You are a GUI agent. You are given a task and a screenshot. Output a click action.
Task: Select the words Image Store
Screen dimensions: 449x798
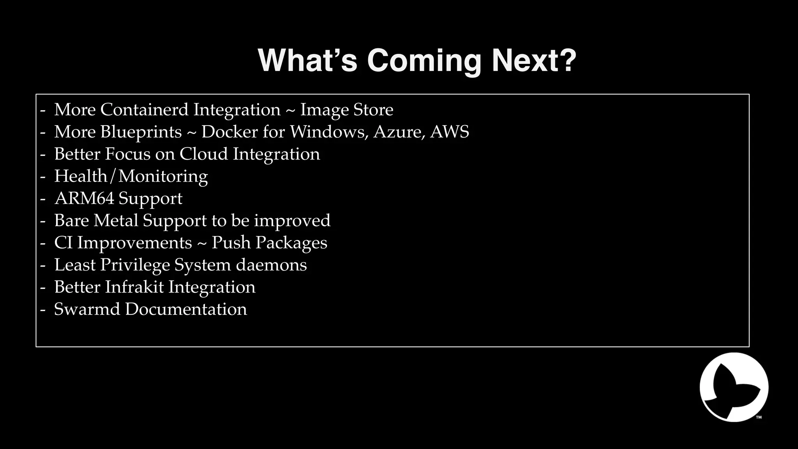coord(346,110)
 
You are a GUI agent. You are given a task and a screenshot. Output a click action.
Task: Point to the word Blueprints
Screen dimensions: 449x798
coord(141,132)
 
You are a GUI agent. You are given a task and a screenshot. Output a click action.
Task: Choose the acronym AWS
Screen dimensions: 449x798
coord(450,132)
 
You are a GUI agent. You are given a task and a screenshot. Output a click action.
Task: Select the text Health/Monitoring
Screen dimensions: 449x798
coord(131,176)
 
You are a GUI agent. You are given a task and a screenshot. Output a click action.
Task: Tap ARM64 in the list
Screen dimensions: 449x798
coord(84,198)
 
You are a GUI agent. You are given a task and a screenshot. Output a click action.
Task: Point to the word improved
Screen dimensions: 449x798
coord(292,221)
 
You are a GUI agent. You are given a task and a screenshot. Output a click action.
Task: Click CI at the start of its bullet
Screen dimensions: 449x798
coord(63,243)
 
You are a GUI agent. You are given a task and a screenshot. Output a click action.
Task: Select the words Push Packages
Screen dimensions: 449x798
coord(269,243)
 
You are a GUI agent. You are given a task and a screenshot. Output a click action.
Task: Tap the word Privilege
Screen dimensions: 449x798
coord(135,265)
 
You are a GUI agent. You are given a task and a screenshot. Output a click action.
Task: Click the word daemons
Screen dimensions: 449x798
coord(271,265)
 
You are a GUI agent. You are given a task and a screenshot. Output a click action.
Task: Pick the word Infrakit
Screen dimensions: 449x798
coord(134,287)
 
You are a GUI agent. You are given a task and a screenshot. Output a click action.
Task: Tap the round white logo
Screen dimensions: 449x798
coord(734,387)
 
